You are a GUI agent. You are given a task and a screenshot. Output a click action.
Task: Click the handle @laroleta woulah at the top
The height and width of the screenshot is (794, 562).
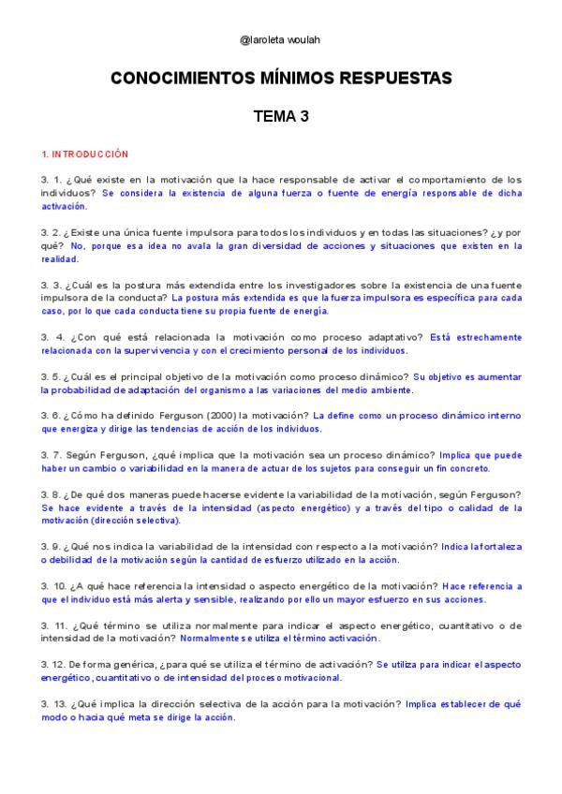280,41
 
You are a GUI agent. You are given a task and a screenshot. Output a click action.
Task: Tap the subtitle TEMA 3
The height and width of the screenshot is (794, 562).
280,117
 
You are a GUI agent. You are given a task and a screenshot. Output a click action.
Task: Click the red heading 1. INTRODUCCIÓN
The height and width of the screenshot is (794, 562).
84,154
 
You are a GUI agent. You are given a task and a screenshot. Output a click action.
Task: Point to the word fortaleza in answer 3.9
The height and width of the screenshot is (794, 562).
494,546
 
